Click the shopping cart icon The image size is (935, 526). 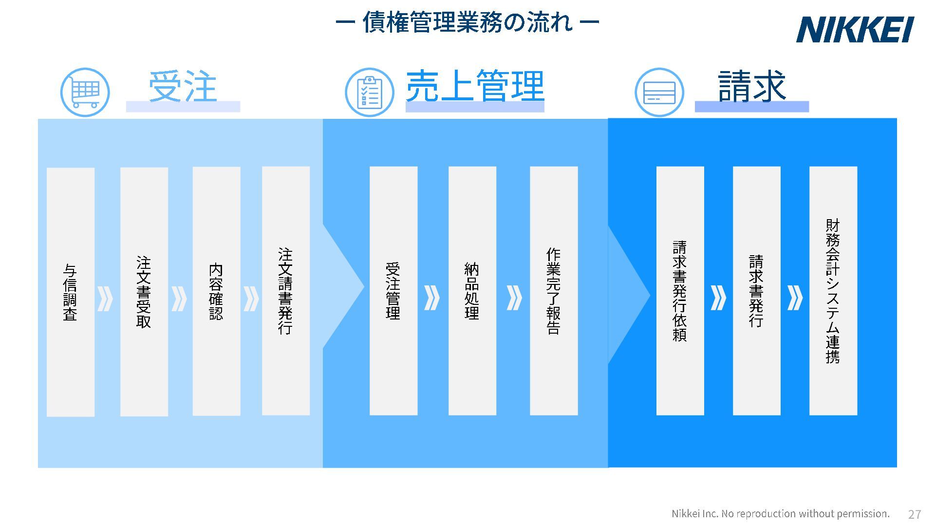[85, 92]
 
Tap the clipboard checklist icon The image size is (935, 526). [369, 92]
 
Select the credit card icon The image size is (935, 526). [659, 92]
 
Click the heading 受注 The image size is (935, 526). [183, 87]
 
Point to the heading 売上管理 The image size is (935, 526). [475, 87]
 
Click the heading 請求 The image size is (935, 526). [751, 87]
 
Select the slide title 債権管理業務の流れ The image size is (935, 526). [467, 22]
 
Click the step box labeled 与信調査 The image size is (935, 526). [71, 292]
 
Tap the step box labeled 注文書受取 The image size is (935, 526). [144, 292]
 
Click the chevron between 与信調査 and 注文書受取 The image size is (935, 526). [105, 299]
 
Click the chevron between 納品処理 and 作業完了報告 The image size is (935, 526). [514, 298]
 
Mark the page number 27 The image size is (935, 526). [915, 514]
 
